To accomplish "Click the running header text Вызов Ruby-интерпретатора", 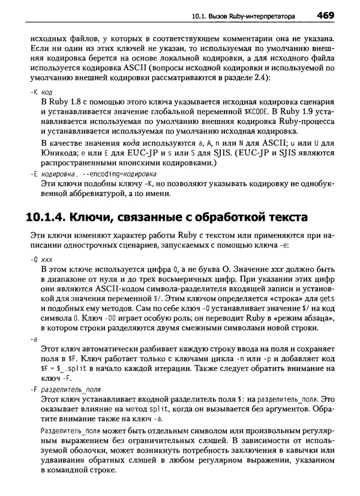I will click(262, 14).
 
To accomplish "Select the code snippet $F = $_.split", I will click(67, 369).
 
